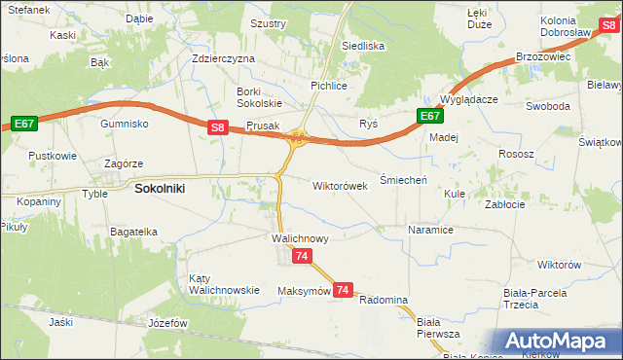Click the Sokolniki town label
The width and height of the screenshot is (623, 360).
[x=161, y=190]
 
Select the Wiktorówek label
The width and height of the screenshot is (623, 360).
[x=340, y=185]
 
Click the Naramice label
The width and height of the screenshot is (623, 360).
[x=430, y=231]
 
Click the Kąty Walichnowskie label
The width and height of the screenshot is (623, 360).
[x=224, y=283]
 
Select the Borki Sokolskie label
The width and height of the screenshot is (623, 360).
[x=259, y=97]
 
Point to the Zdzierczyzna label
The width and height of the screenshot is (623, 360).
[x=223, y=58]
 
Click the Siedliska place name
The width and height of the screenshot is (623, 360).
[x=363, y=46]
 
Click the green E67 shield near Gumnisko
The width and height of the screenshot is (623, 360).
[x=24, y=123]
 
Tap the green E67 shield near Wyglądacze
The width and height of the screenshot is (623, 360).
[x=430, y=117]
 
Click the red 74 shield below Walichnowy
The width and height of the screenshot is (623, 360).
[x=302, y=255]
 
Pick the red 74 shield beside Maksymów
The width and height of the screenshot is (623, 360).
[x=343, y=290]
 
